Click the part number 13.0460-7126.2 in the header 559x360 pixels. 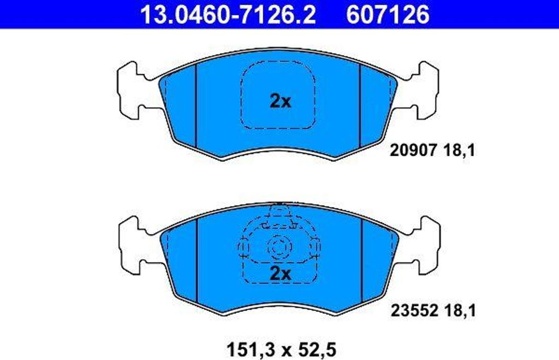228,15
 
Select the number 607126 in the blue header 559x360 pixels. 387,15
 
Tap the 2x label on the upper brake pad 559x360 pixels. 281,101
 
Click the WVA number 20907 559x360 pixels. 413,150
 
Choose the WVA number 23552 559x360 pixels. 413,311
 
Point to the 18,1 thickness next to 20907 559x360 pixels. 459,150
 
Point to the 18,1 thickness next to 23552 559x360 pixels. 459,311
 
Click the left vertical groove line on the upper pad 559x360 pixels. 195,104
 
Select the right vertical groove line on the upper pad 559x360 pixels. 361,104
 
